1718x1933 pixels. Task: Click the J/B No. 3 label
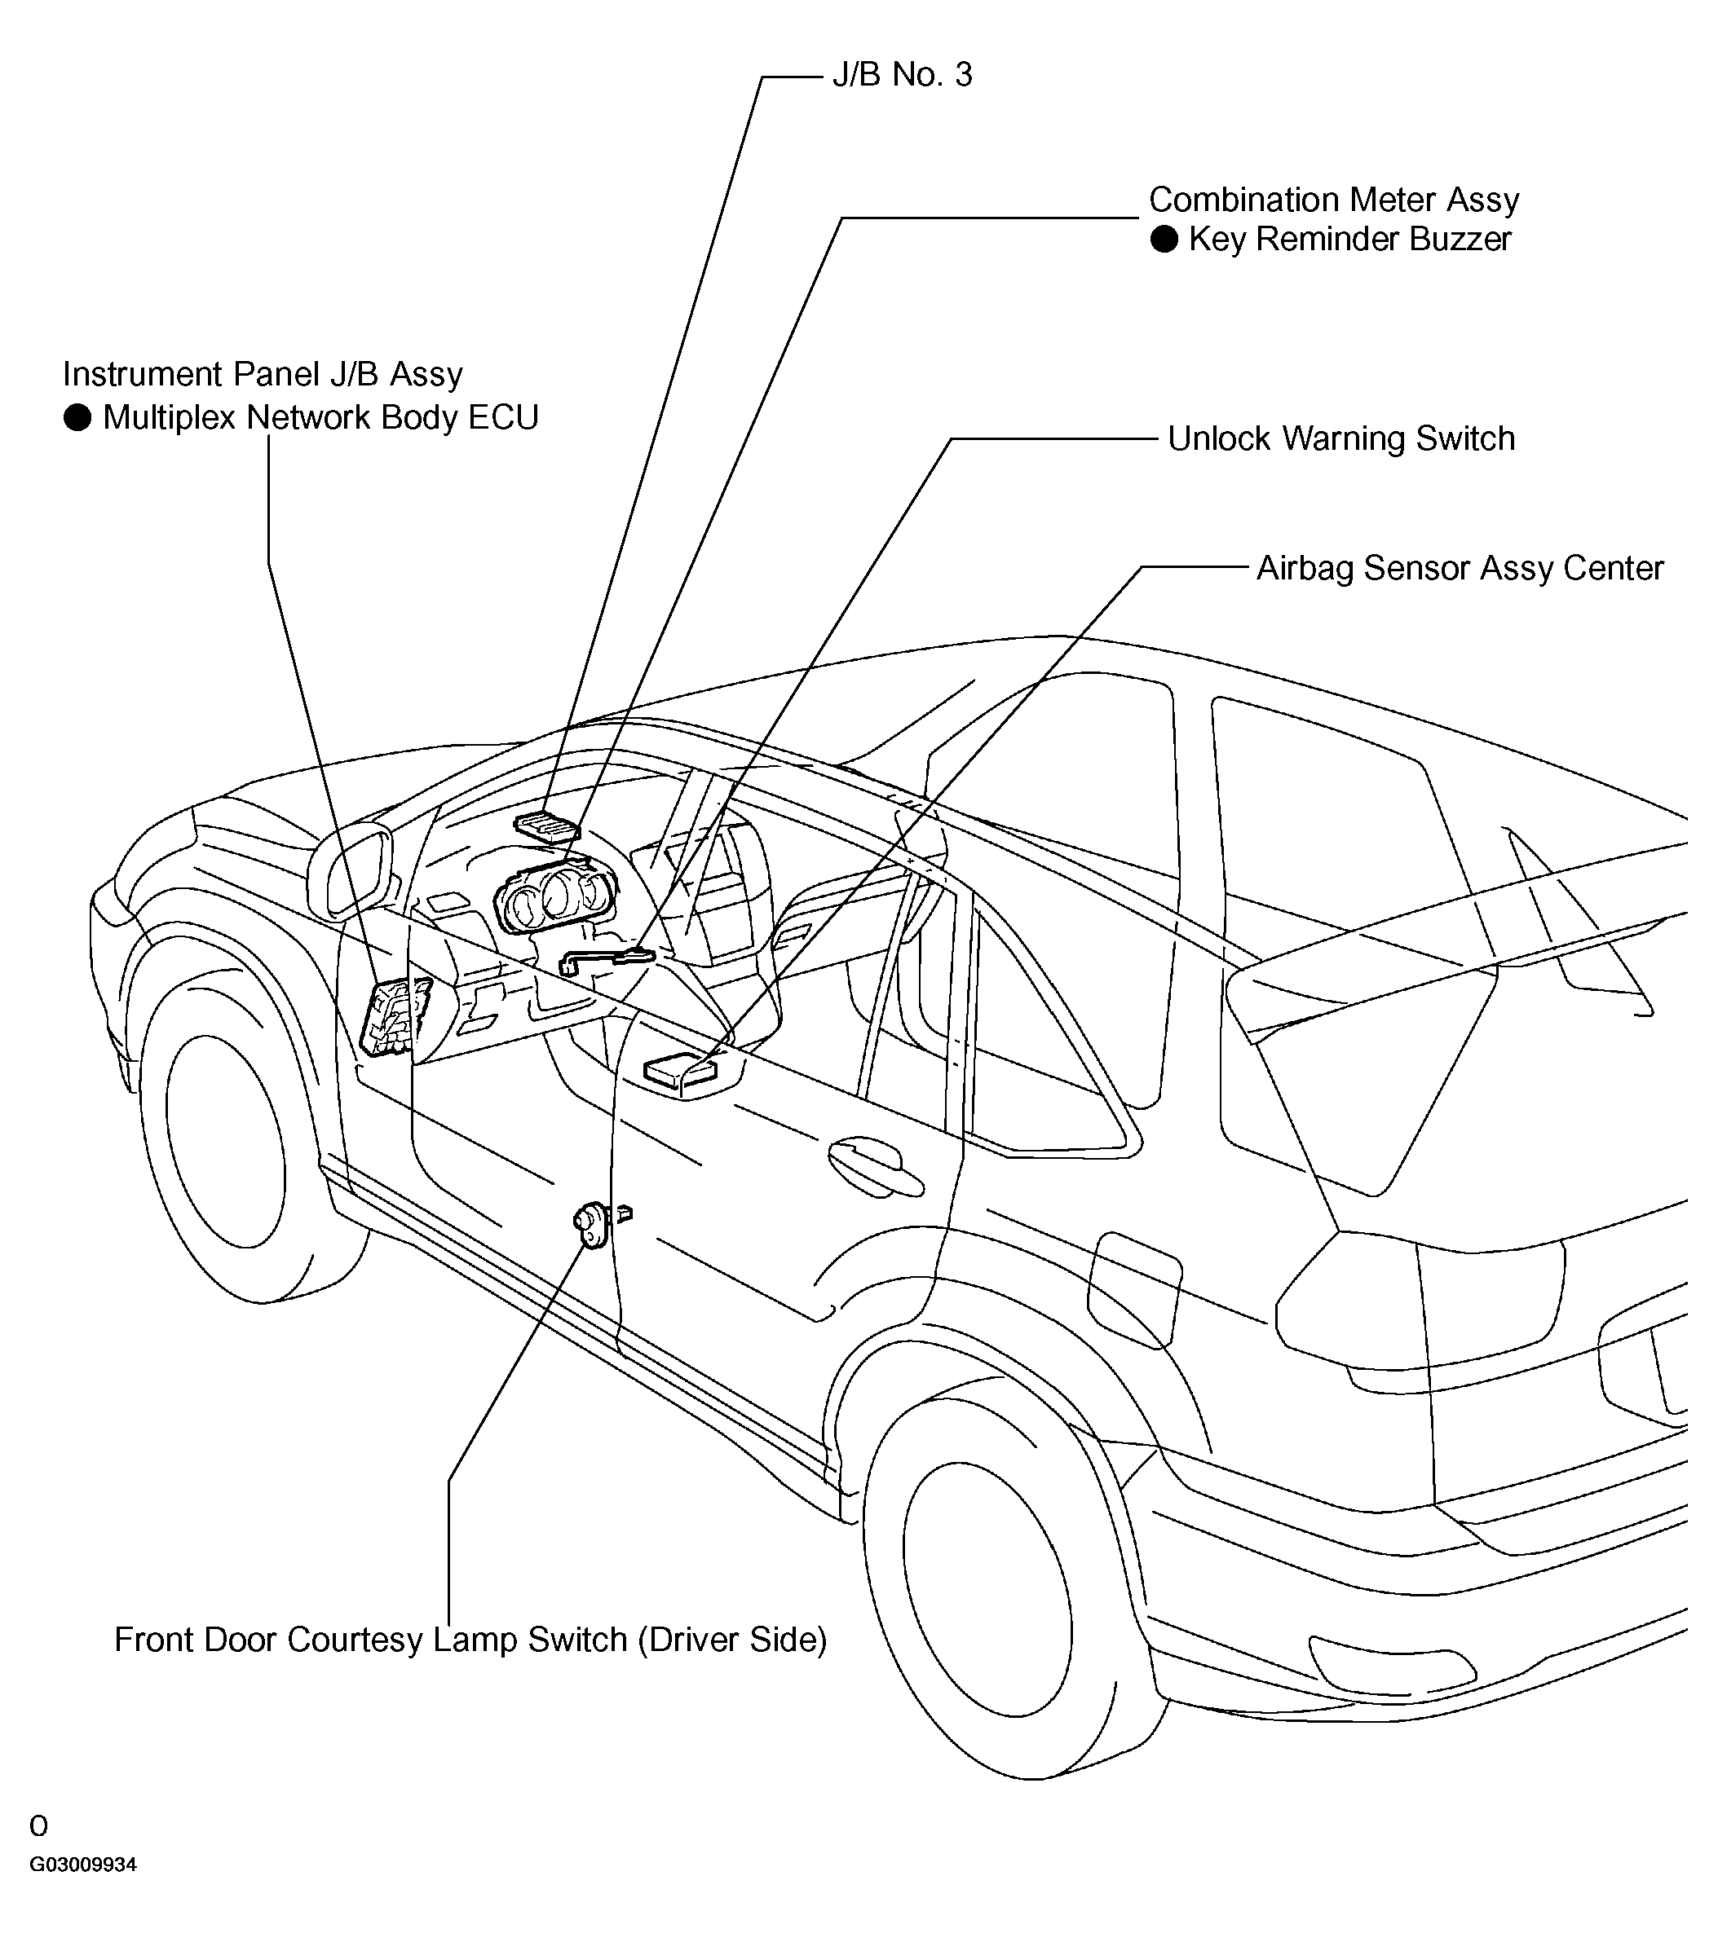(902, 75)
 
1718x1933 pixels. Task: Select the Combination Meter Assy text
(1334, 200)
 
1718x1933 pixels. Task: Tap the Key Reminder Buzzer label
(1349, 240)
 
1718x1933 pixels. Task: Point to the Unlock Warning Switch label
(1340, 438)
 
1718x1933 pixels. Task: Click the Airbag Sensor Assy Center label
(1459, 568)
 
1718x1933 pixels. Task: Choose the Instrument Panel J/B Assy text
(263, 375)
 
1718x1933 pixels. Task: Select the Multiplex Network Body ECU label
(320, 417)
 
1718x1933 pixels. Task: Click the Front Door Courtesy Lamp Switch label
(470, 1639)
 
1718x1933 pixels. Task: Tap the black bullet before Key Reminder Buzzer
(1164, 240)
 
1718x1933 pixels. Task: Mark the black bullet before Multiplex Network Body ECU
(77, 417)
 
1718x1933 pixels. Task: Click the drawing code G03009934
(83, 1865)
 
